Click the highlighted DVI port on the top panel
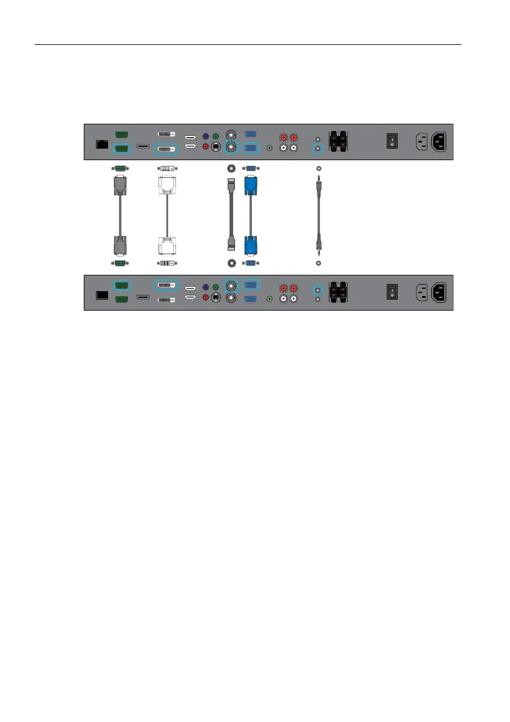167,147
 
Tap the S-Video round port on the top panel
215,147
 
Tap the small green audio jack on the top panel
270,147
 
